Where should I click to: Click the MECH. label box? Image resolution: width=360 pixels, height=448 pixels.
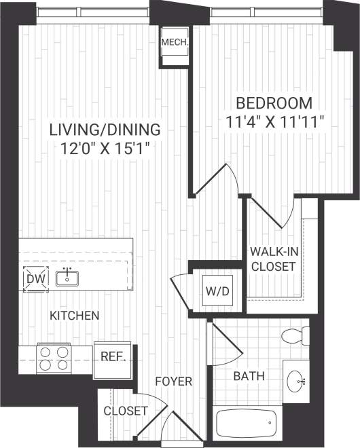[175, 45]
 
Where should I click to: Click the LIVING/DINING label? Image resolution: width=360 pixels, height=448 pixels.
[105, 128]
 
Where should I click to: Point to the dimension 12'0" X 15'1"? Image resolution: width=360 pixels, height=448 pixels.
[105, 147]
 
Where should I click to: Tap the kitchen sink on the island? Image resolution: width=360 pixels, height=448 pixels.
[68, 278]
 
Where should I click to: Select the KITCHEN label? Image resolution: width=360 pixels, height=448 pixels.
[75, 316]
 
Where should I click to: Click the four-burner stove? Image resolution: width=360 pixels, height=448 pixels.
[55, 358]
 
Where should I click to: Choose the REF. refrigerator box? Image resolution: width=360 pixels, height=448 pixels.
[111, 356]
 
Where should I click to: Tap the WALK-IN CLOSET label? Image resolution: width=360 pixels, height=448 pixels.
[273, 259]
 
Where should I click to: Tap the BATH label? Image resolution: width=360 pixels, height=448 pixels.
[249, 376]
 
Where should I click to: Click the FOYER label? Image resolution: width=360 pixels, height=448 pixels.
[173, 381]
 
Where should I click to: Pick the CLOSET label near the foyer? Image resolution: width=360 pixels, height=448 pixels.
[126, 411]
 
